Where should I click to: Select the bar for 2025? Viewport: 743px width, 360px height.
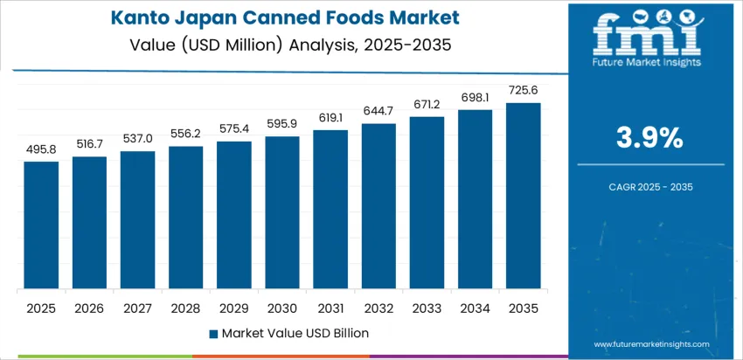click(x=41, y=225)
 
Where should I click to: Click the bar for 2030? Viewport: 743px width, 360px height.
click(x=282, y=213)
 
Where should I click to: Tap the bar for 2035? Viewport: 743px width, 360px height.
click(x=524, y=197)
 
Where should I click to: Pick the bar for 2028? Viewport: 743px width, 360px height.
click(x=185, y=218)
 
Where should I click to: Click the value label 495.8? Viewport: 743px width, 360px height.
click(x=41, y=149)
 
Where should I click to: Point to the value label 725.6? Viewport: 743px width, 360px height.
click(x=524, y=90)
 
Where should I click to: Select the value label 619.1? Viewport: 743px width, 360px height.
click(x=330, y=118)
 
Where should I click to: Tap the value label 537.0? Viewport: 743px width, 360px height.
click(x=137, y=138)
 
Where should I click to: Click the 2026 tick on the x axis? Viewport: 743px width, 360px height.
click(x=89, y=308)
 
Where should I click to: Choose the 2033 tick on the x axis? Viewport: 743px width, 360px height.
click(x=427, y=308)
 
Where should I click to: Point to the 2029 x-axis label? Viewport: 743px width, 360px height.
click(x=234, y=308)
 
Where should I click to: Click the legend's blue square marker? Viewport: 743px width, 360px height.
click(x=213, y=333)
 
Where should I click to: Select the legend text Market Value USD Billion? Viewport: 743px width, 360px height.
click(x=295, y=333)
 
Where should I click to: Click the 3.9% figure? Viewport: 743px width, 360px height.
click(x=651, y=138)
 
